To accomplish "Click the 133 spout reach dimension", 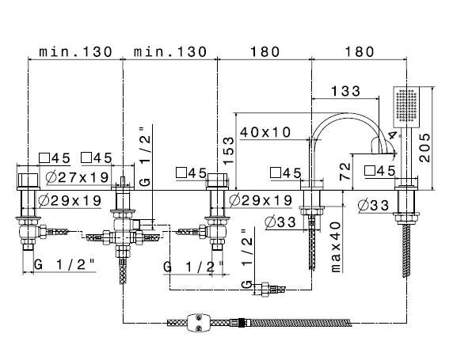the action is click(345, 91).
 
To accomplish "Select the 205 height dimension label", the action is click(424, 147).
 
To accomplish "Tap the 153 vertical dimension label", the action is click(228, 150).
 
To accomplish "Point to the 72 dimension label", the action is click(345, 172).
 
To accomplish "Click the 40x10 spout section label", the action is click(265, 132).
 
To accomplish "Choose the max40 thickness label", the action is click(336, 247).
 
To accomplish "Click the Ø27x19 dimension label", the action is click(77, 177).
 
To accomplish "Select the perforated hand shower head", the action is click(406, 107).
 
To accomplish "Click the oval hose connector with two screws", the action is click(199, 322).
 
